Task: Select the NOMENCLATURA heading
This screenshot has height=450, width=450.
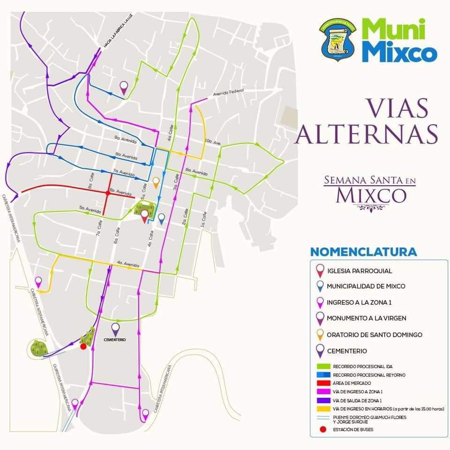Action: [x=363, y=252]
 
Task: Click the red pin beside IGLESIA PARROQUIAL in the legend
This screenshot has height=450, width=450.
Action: [x=320, y=270]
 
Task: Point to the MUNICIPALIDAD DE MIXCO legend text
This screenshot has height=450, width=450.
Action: [x=366, y=286]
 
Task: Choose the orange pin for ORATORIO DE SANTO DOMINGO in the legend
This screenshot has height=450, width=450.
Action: [x=320, y=334]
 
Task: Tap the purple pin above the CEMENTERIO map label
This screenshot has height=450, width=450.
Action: [x=115, y=329]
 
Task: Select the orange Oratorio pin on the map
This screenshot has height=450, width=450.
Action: [x=156, y=181]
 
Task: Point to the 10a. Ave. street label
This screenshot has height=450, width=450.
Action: [x=212, y=141]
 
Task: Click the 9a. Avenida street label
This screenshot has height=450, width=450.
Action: [x=126, y=140]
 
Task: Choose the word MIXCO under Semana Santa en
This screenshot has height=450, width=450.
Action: [x=371, y=195]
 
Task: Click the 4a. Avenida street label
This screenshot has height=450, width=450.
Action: [x=127, y=263]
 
